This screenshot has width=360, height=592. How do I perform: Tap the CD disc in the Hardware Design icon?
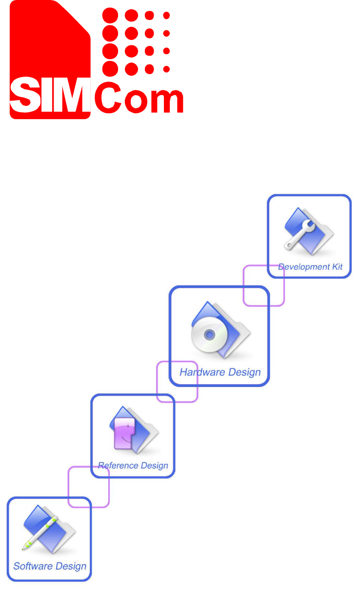(x=209, y=335)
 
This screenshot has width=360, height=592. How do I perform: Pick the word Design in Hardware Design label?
(x=242, y=372)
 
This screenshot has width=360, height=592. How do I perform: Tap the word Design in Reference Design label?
(x=152, y=466)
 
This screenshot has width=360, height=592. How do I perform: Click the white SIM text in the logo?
(x=50, y=98)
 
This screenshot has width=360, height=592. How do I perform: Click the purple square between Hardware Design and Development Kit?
(x=263, y=286)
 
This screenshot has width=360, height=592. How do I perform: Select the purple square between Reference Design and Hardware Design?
(x=177, y=381)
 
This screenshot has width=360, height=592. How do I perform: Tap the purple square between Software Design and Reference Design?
(x=88, y=487)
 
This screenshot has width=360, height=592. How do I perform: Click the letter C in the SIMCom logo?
(x=108, y=98)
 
